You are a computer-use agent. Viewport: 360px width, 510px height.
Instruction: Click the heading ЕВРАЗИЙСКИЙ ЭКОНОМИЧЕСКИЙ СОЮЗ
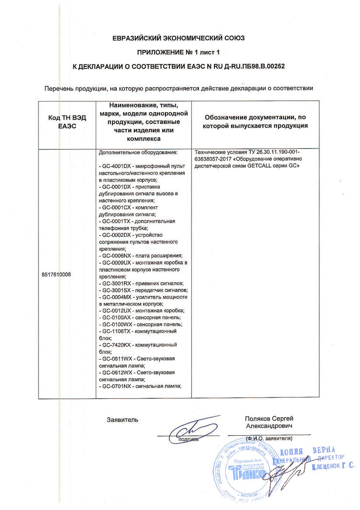pyautogui.click(x=180, y=38)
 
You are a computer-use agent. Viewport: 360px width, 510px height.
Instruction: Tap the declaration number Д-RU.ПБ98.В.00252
pyautogui.click(x=258, y=66)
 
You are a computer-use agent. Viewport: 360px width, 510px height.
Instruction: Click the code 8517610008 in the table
pyautogui.click(x=56, y=274)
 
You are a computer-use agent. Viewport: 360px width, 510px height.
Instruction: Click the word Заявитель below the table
pyautogui.click(x=122, y=420)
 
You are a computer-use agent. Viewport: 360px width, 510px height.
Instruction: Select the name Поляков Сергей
pyautogui.click(x=269, y=419)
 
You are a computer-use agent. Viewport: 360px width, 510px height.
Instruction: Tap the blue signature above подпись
pyautogui.click(x=192, y=428)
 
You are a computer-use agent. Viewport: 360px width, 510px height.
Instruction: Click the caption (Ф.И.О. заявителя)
pyautogui.click(x=269, y=438)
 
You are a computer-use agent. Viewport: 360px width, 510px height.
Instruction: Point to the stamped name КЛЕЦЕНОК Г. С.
pyautogui.click(x=333, y=467)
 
